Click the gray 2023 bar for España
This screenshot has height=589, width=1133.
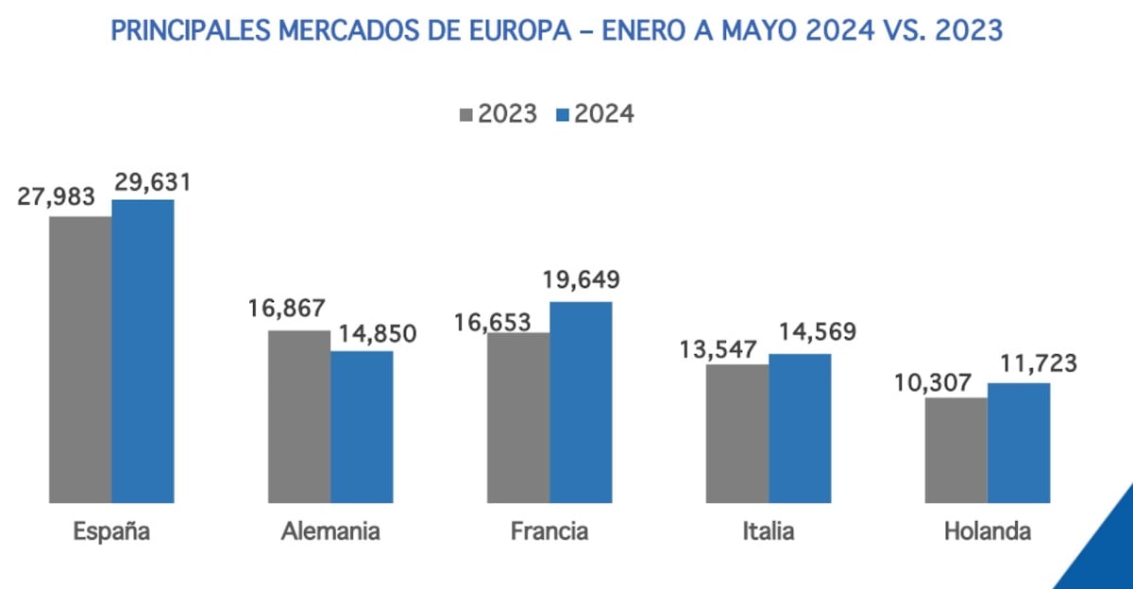(81, 360)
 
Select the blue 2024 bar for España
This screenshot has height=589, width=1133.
(143, 351)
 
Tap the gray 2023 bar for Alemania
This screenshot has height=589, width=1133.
(299, 416)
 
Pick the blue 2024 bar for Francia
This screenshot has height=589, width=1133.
(581, 402)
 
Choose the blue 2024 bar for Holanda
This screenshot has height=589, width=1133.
(1019, 443)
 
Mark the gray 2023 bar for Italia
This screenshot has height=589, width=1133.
(737, 433)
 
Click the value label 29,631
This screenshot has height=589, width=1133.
(152, 182)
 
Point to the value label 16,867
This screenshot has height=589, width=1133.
(287, 310)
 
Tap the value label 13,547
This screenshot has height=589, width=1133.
(718, 349)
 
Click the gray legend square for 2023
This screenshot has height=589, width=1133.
(466, 115)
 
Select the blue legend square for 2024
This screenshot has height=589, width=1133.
(563, 115)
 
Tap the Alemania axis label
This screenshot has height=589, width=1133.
(330, 531)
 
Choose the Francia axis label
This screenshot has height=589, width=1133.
(550, 531)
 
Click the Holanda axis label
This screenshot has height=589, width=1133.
(987, 531)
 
